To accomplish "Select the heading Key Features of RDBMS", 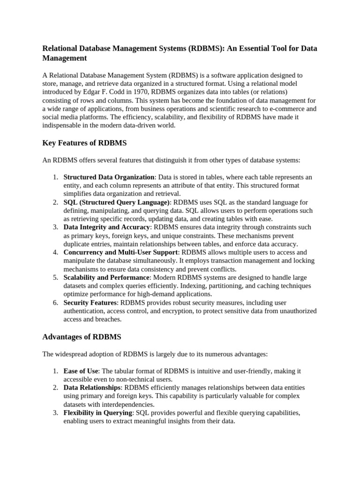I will (84, 143).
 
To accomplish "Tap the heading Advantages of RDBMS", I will (82, 337).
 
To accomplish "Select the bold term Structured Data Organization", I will (109, 177).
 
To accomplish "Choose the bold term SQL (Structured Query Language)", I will (117, 202).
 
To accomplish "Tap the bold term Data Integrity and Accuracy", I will (107, 227).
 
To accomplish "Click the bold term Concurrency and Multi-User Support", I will (120, 252).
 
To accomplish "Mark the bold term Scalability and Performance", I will (106, 277).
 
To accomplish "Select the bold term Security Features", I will (90, 303).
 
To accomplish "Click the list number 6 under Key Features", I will (55, 303).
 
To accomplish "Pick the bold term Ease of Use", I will (81, 371).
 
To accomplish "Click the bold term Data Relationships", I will (92, 388).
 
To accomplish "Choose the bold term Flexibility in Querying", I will (98, 413).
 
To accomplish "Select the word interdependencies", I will (127, 405).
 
